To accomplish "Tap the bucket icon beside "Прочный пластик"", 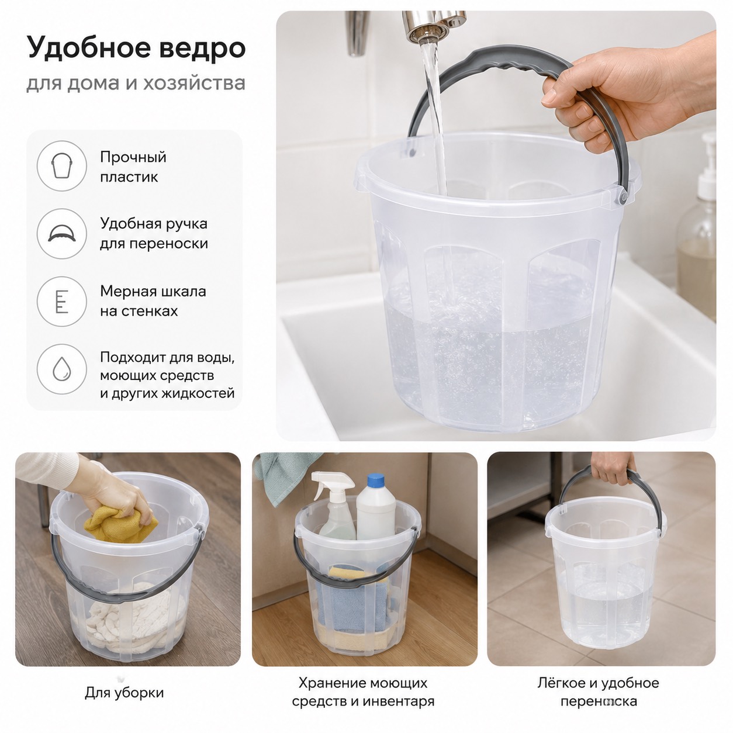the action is [x=61, y=166].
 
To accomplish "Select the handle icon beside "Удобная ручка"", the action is [x=61, y=233].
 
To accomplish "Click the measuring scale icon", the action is [x=61, y=301].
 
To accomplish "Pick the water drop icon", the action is [x=61, y=369].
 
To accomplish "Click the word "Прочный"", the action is [x=133, y=157].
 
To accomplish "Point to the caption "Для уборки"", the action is [x=125, y=692].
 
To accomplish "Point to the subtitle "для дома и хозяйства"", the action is [x=136, y=84].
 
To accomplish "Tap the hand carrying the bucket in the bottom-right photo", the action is [x=613, y=468].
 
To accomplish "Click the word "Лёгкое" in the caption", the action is [x=562, y=682].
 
